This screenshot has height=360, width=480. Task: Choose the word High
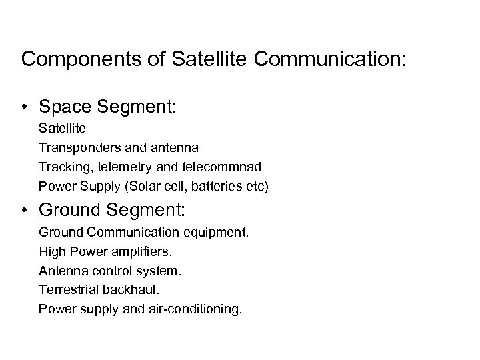tap(51, 253)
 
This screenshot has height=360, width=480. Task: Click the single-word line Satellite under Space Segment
tap(58, 127)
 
